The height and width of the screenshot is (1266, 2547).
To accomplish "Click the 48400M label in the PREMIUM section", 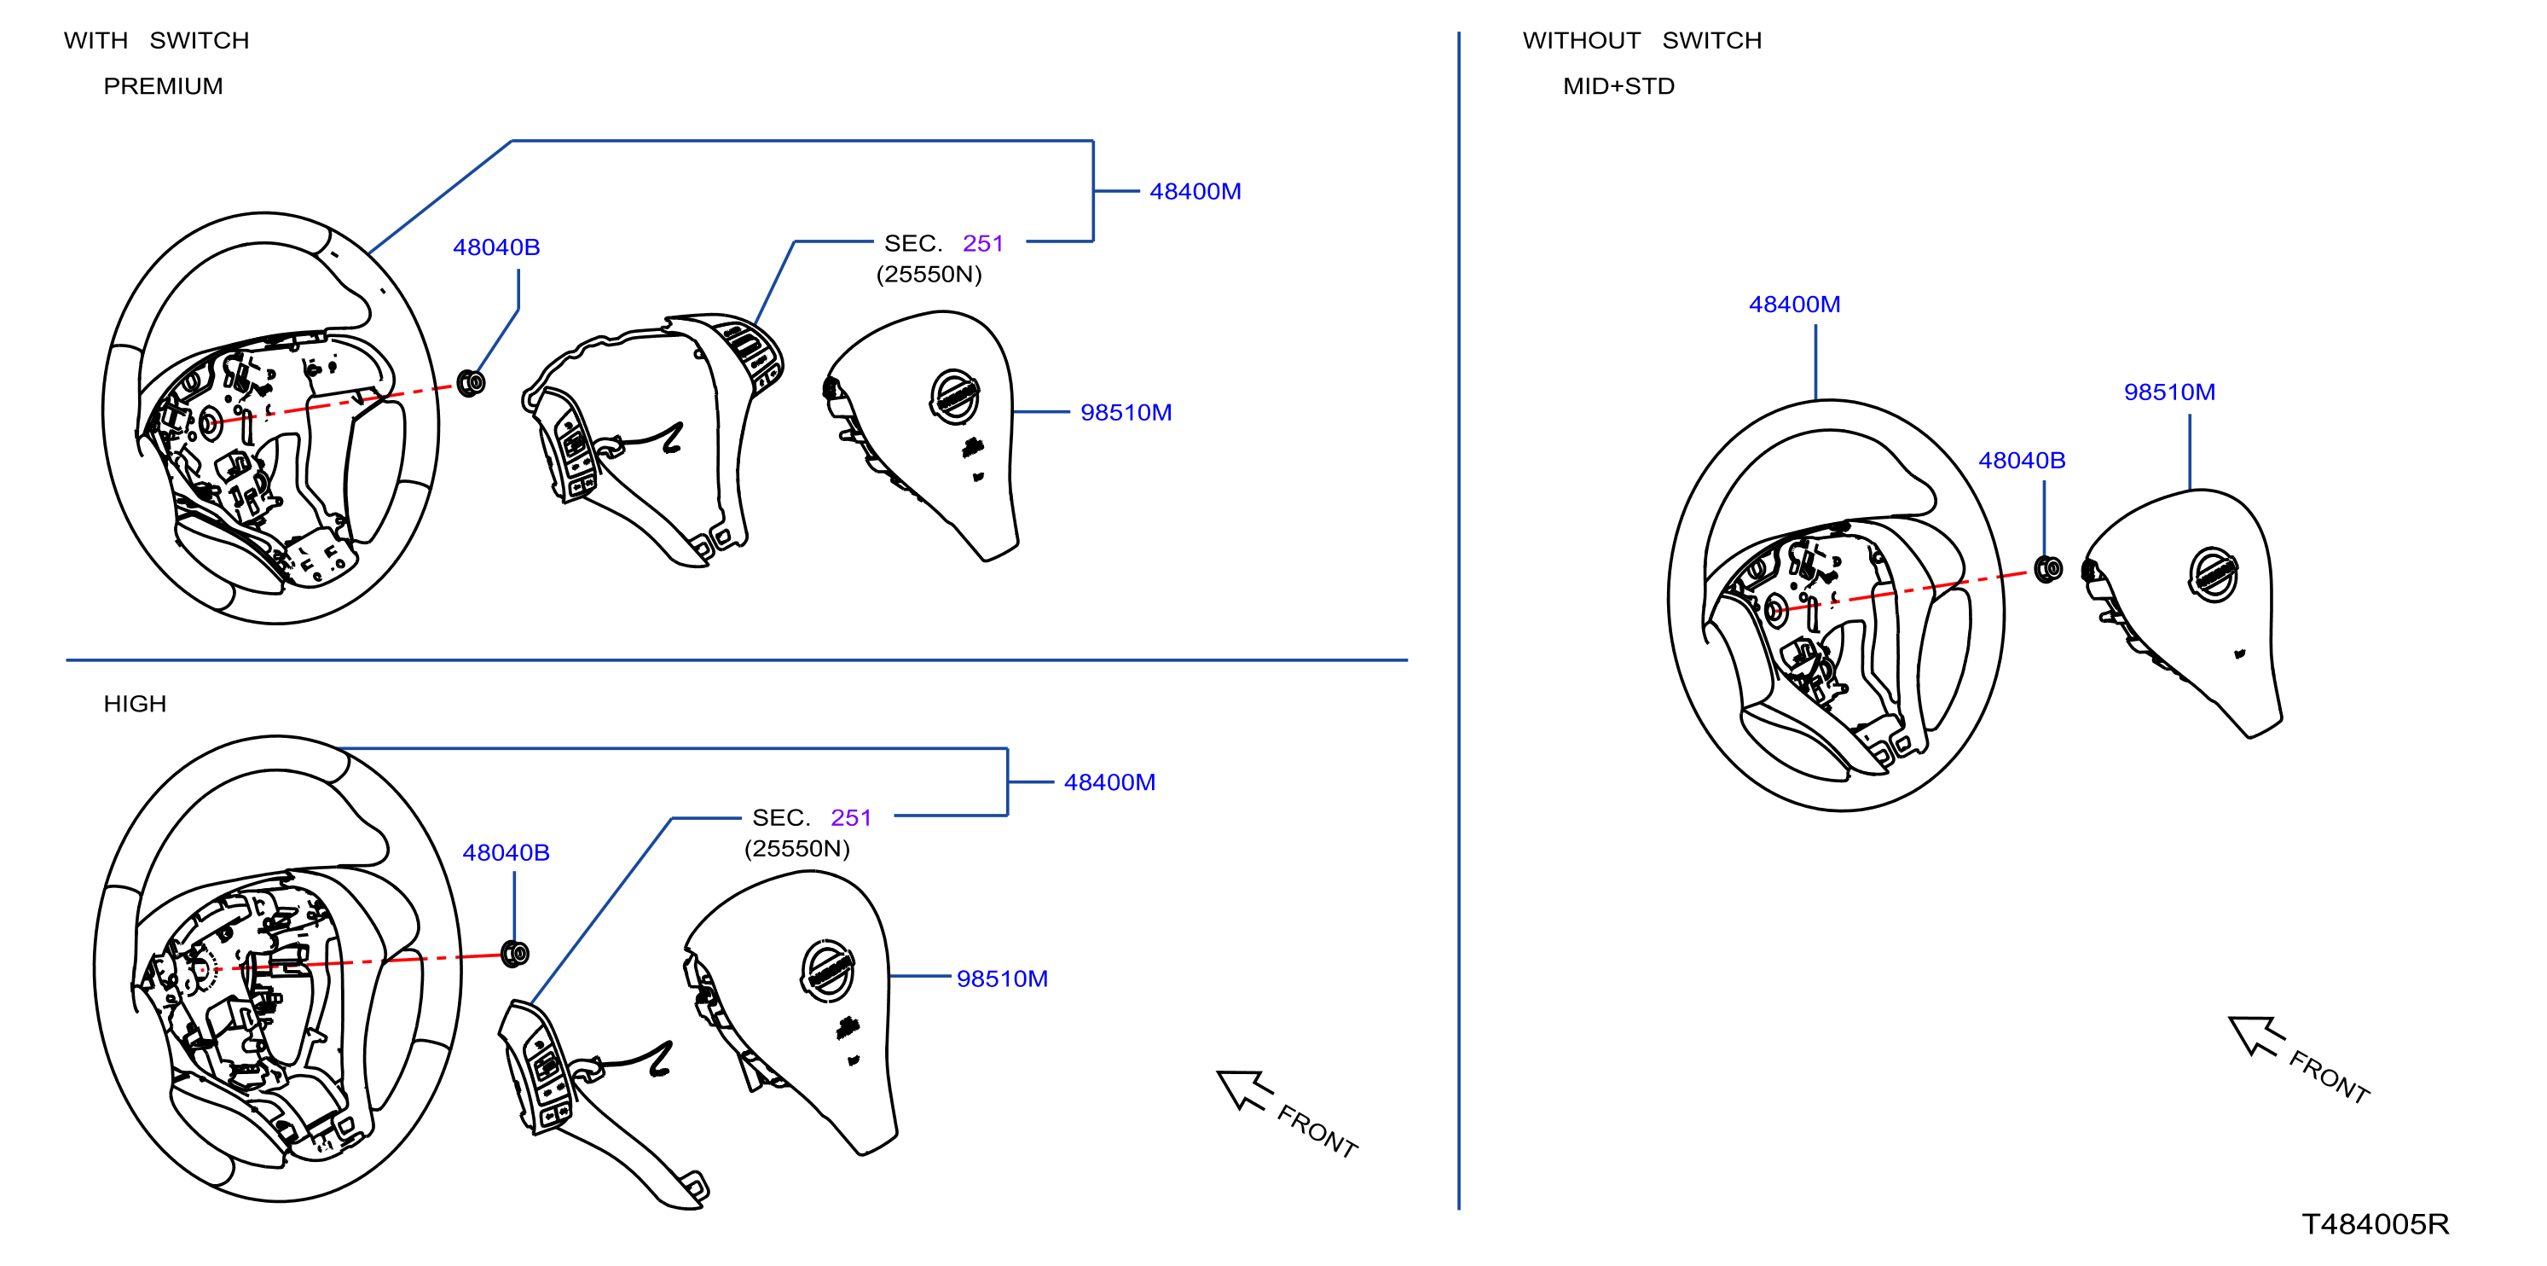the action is (1195, 191).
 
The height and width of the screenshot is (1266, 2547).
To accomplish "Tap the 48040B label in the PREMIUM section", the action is (496, 247).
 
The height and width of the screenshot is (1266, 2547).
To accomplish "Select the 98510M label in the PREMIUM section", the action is (1126, 412).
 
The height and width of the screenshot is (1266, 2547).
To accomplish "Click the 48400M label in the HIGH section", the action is (1109, 782).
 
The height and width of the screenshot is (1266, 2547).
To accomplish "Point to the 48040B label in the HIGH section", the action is (507, 852).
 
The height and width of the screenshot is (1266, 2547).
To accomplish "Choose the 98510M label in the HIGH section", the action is (1002, 979).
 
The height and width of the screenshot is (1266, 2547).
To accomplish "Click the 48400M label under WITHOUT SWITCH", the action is (1795, 305).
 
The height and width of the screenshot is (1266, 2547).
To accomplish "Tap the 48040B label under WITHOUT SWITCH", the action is (2022, 460).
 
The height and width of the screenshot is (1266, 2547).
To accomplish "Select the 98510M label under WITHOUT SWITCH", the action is (2169, 392).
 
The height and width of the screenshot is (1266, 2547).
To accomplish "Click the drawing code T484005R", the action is (2375, 1224).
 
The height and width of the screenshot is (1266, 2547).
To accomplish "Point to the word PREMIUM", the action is (163, 86).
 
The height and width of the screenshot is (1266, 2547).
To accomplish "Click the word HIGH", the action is (135, 703).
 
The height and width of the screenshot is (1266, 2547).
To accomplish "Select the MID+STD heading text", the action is (1618, 86).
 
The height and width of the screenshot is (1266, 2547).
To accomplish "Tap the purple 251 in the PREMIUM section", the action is (983, 243).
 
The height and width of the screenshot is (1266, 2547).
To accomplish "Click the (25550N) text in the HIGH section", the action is (797, 849).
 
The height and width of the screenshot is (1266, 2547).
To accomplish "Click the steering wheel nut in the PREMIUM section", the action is (472, 382).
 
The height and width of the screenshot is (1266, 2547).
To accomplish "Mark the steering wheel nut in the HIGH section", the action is (515, 954).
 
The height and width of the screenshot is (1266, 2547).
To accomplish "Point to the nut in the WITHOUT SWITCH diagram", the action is (2049, 569).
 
